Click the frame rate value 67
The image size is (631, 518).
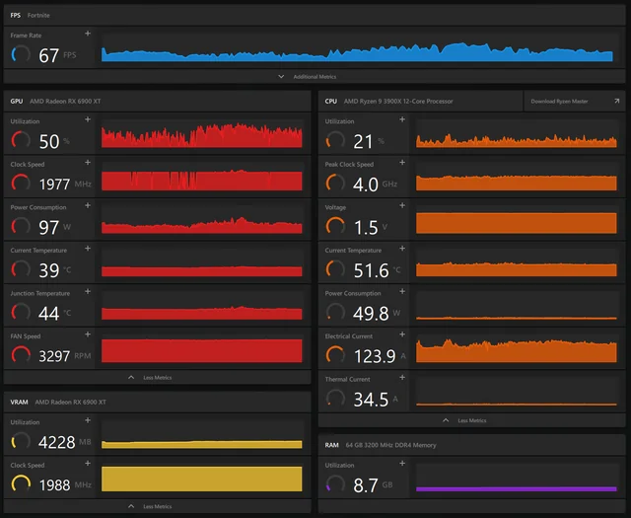49,56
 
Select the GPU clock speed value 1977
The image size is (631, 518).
54,184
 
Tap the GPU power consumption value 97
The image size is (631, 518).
49,228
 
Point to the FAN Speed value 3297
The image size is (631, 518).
54,356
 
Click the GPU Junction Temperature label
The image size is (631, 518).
39,293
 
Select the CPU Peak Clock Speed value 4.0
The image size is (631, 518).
366,185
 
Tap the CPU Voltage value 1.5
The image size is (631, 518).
366,228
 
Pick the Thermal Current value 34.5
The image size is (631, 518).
370,399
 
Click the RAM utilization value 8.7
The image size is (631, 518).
366,484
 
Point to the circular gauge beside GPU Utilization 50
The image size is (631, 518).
20,140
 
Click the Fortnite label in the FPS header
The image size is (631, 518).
39,16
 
